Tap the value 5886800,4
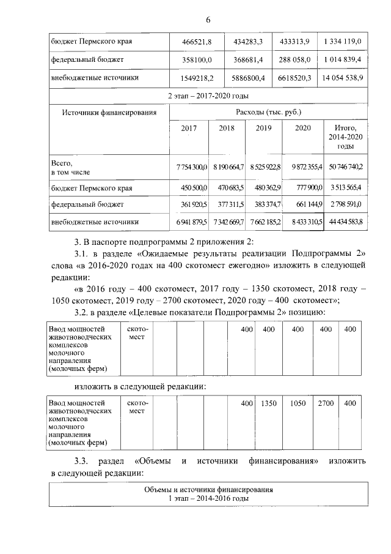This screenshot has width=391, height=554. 248,78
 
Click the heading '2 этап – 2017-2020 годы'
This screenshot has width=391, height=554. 208,96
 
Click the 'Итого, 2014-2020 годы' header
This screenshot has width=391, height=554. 346,137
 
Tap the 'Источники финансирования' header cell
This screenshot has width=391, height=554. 109,113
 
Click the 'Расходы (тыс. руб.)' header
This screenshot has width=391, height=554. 269,113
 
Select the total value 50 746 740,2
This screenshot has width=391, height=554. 346,167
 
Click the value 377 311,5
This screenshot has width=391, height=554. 228,204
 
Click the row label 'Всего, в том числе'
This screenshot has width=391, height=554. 72,167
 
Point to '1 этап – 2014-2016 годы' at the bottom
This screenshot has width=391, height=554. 208,499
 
